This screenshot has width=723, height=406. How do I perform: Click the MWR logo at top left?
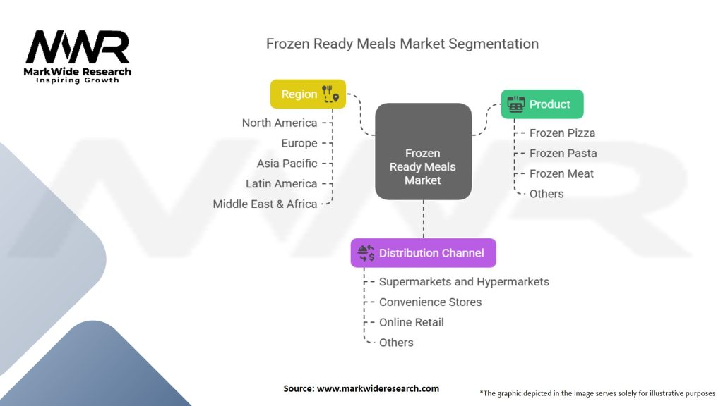click(78, 48)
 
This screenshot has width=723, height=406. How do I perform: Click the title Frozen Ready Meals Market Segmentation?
click(402, 44)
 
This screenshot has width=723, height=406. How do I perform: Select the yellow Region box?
click(308, 94)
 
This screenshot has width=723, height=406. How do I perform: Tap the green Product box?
click(542, 104)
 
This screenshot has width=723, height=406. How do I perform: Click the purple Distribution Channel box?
click(423, 253)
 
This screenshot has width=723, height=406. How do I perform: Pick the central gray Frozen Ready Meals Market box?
click(423, 167)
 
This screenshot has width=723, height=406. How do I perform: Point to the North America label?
click(280, 123)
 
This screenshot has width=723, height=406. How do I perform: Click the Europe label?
click(299, 143)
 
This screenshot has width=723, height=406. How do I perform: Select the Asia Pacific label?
click(287, 164)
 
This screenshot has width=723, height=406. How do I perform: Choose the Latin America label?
click(282, 184)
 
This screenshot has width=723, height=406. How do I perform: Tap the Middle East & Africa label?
click(265, 204)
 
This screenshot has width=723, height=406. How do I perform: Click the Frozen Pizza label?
click(562, 133)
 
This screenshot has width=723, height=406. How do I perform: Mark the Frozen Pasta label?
click(563, 154)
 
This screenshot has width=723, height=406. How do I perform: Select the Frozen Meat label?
click(561, 174)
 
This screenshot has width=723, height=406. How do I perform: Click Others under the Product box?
click(546, 194)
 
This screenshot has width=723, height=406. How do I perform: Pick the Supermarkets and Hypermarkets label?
click(464, 282)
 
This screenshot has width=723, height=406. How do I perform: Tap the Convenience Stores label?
click(430, 302)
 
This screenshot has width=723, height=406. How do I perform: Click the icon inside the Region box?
click(330, 94)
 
